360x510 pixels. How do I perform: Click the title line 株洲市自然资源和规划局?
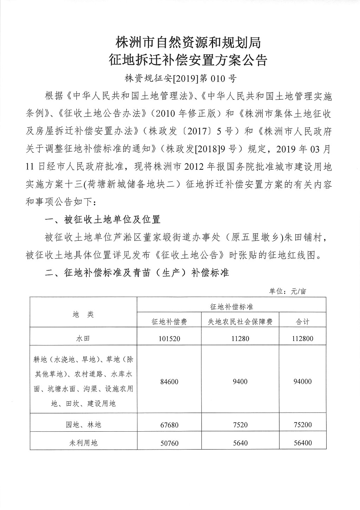click(x=188, y=43)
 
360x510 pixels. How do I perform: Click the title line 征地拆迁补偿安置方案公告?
click(x=188, y=60)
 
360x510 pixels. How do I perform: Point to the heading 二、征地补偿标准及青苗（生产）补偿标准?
click(x=137, y=273)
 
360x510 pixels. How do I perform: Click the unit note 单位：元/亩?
click(x=288, y=291)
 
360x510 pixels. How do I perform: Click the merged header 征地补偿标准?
click(x=231, y=307)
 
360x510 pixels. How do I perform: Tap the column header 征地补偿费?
click(x=169, y=322)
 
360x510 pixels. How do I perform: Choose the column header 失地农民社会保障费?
click(x=240, y=322)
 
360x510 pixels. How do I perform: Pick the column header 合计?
click(x=303, y=322)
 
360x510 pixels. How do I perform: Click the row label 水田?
click(x=83, y=338)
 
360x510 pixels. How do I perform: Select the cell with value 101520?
click(x=169, y=338)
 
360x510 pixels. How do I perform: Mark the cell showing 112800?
click(x=303, y=338)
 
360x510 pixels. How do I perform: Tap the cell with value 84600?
click(x=169, y=382)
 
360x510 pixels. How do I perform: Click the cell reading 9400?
click(x=240, y=382)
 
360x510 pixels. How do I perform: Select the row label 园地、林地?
click(x=83, y=425)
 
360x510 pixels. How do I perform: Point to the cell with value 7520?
click(x=240, y=425)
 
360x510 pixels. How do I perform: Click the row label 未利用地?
click(x=83, y=443)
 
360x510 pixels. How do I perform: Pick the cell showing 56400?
click(x=303, y=443)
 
